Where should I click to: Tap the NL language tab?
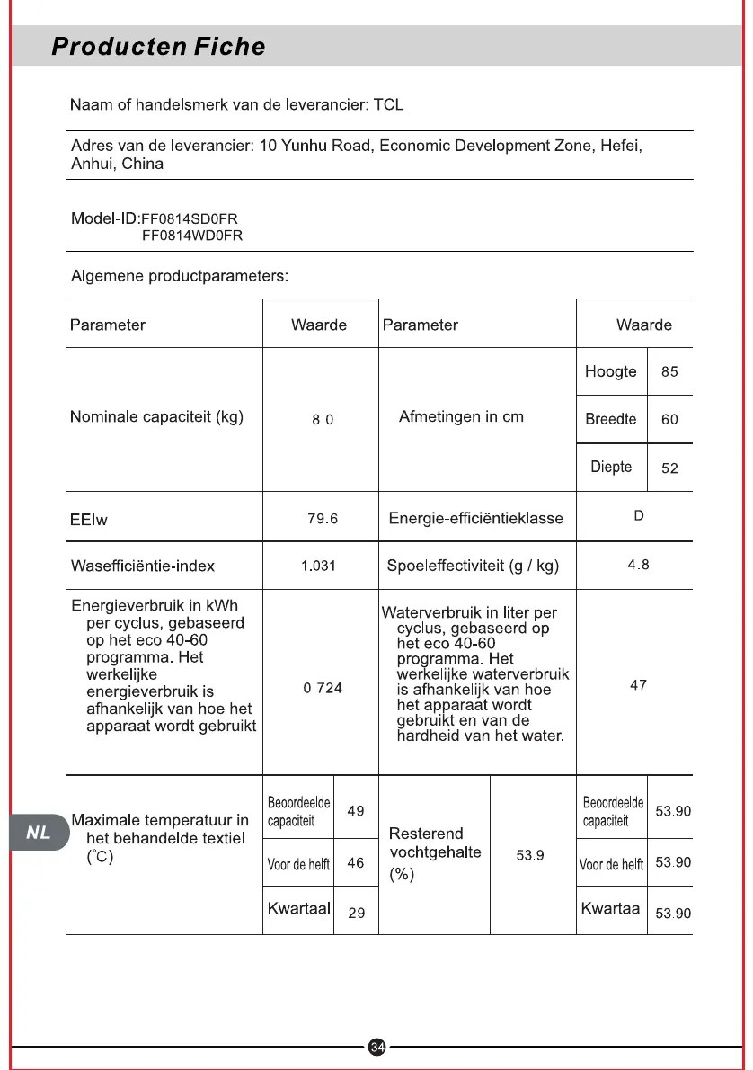coord(39,833)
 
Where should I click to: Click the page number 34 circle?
coord(377,1047)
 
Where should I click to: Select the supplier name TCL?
coord(388,105)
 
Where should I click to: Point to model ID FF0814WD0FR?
coord(192,236)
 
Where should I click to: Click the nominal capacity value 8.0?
coord(323,420)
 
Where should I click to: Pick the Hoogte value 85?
coord(669,372)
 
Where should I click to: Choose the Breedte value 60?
coord(669,420)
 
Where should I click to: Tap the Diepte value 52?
coord(669,468)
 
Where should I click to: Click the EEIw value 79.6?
coord(323,518)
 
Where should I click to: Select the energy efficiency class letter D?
coord(639,516)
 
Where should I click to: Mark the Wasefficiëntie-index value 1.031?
coord(318,566)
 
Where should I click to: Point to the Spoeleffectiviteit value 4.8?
coord(638,565)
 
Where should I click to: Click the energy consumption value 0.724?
coord(323,688)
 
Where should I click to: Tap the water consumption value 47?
coord(638,685)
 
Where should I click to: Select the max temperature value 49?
coord(356,810)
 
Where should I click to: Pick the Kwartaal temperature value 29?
coord(357,913)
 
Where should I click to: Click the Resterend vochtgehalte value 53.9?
coord(530,855)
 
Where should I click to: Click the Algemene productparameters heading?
coord(180,275)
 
